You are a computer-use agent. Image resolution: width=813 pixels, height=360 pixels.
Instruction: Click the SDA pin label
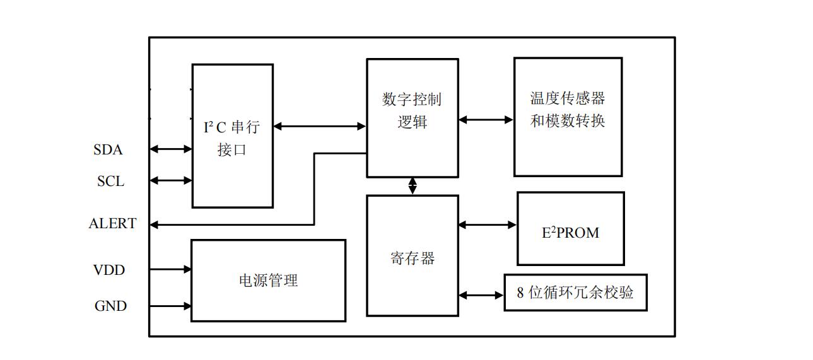point(108,150)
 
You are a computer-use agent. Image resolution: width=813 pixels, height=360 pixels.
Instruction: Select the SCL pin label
point(110,182)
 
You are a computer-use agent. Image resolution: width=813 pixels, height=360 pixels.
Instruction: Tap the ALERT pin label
point(112,224)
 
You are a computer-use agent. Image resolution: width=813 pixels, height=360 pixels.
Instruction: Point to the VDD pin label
point(109,270)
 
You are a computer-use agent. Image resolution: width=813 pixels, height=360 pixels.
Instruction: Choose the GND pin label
point(110,306)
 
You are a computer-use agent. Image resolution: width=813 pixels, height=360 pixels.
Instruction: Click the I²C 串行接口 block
point(232,136)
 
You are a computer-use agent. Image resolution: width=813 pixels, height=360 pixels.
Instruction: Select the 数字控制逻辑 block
point(412,118)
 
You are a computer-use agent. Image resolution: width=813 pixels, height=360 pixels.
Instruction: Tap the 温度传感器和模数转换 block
point(568,117)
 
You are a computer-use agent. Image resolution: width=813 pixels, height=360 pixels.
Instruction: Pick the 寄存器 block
point(412,255)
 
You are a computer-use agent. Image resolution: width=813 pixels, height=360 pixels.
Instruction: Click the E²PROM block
point(570,229)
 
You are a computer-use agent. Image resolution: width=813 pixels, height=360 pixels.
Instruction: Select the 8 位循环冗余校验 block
point(575,293)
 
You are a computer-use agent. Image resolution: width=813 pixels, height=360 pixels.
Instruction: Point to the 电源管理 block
point(268,281)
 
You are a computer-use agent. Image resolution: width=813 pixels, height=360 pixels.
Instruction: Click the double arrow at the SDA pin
point(171,149)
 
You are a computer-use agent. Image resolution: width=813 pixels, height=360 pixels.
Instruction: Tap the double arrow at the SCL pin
point(171,181)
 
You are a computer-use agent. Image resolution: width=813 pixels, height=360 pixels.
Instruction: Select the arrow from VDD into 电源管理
point(171,269)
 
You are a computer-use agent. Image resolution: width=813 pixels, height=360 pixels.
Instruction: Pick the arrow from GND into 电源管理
point(171,306)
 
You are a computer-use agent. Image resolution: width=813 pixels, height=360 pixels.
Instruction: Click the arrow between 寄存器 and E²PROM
point(488,224)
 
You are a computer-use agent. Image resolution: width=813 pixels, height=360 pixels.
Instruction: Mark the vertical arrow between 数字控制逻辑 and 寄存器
point(412,186)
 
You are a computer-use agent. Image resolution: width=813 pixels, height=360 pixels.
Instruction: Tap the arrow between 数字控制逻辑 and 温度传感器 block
point(486,119)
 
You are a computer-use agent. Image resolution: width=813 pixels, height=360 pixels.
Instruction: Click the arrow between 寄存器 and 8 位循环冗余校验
point(481,294)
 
